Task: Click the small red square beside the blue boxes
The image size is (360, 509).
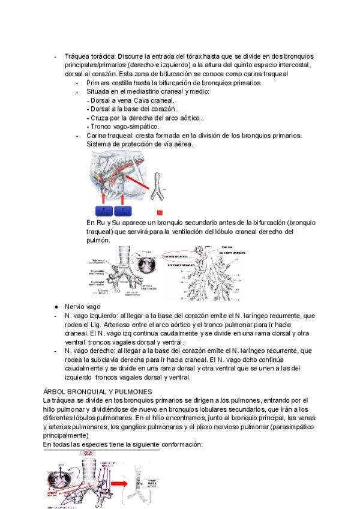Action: tap(160, 212)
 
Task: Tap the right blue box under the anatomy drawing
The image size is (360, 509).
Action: tap(122, 210)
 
